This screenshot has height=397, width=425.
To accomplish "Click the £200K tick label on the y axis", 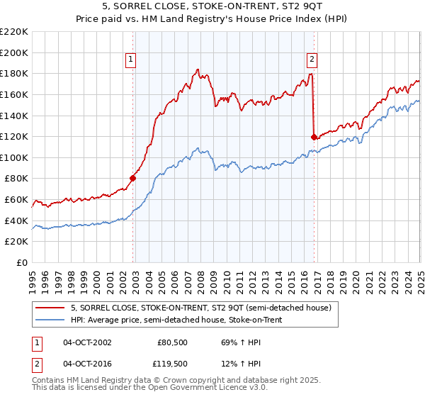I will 14,52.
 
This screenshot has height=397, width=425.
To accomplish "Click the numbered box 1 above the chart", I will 132,60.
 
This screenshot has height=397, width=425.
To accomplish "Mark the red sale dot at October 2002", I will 132,178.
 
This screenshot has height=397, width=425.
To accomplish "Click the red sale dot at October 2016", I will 314,137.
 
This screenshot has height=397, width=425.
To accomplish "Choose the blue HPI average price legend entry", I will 186,320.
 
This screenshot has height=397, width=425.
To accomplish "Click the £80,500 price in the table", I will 172,342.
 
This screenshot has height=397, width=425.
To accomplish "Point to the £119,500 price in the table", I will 172,364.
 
